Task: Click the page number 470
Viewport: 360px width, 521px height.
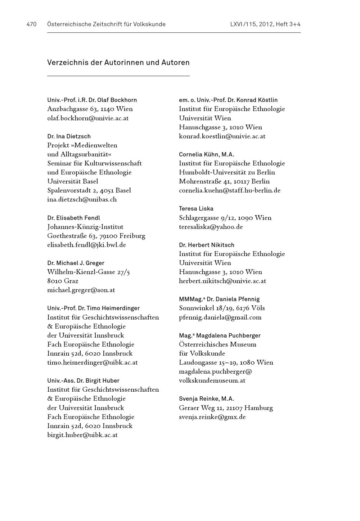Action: tap(31, 25)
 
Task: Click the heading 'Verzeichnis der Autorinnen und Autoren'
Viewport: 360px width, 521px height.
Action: tap(118, 63)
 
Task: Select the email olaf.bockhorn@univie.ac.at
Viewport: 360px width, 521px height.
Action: tap(88, 118)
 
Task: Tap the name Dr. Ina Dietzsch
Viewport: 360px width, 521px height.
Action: tap(69, 136)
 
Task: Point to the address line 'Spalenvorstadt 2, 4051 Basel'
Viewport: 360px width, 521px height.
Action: tap(89, 190)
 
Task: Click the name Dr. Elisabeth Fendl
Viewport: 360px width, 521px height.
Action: tap(73, 218)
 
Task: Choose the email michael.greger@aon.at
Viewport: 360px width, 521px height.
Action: tap(81, 290)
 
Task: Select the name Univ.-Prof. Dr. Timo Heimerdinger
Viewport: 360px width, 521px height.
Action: tap(93, 308)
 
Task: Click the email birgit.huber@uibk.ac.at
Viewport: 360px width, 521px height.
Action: tap(82, 435)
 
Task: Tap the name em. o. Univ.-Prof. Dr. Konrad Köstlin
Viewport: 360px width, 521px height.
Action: tap(228, 100)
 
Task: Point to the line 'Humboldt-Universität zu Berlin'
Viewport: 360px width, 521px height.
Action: tap(227, 172)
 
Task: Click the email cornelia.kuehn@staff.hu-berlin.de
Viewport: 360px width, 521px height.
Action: tap(230, 190)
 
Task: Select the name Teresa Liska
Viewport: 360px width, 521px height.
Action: tap(196, 209)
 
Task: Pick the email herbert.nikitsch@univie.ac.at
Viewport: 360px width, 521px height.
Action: tap(222, 281)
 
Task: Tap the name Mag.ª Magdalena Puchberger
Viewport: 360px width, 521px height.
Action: tap(220, 335)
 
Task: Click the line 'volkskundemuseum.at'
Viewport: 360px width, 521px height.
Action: tap(212, 380)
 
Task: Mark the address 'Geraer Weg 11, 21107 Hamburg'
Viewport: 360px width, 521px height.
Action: tap(226, 408)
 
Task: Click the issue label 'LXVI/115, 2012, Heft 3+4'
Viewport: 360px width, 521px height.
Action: tap(265, 25)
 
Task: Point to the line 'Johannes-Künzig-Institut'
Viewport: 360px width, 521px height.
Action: tap(85, 227)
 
